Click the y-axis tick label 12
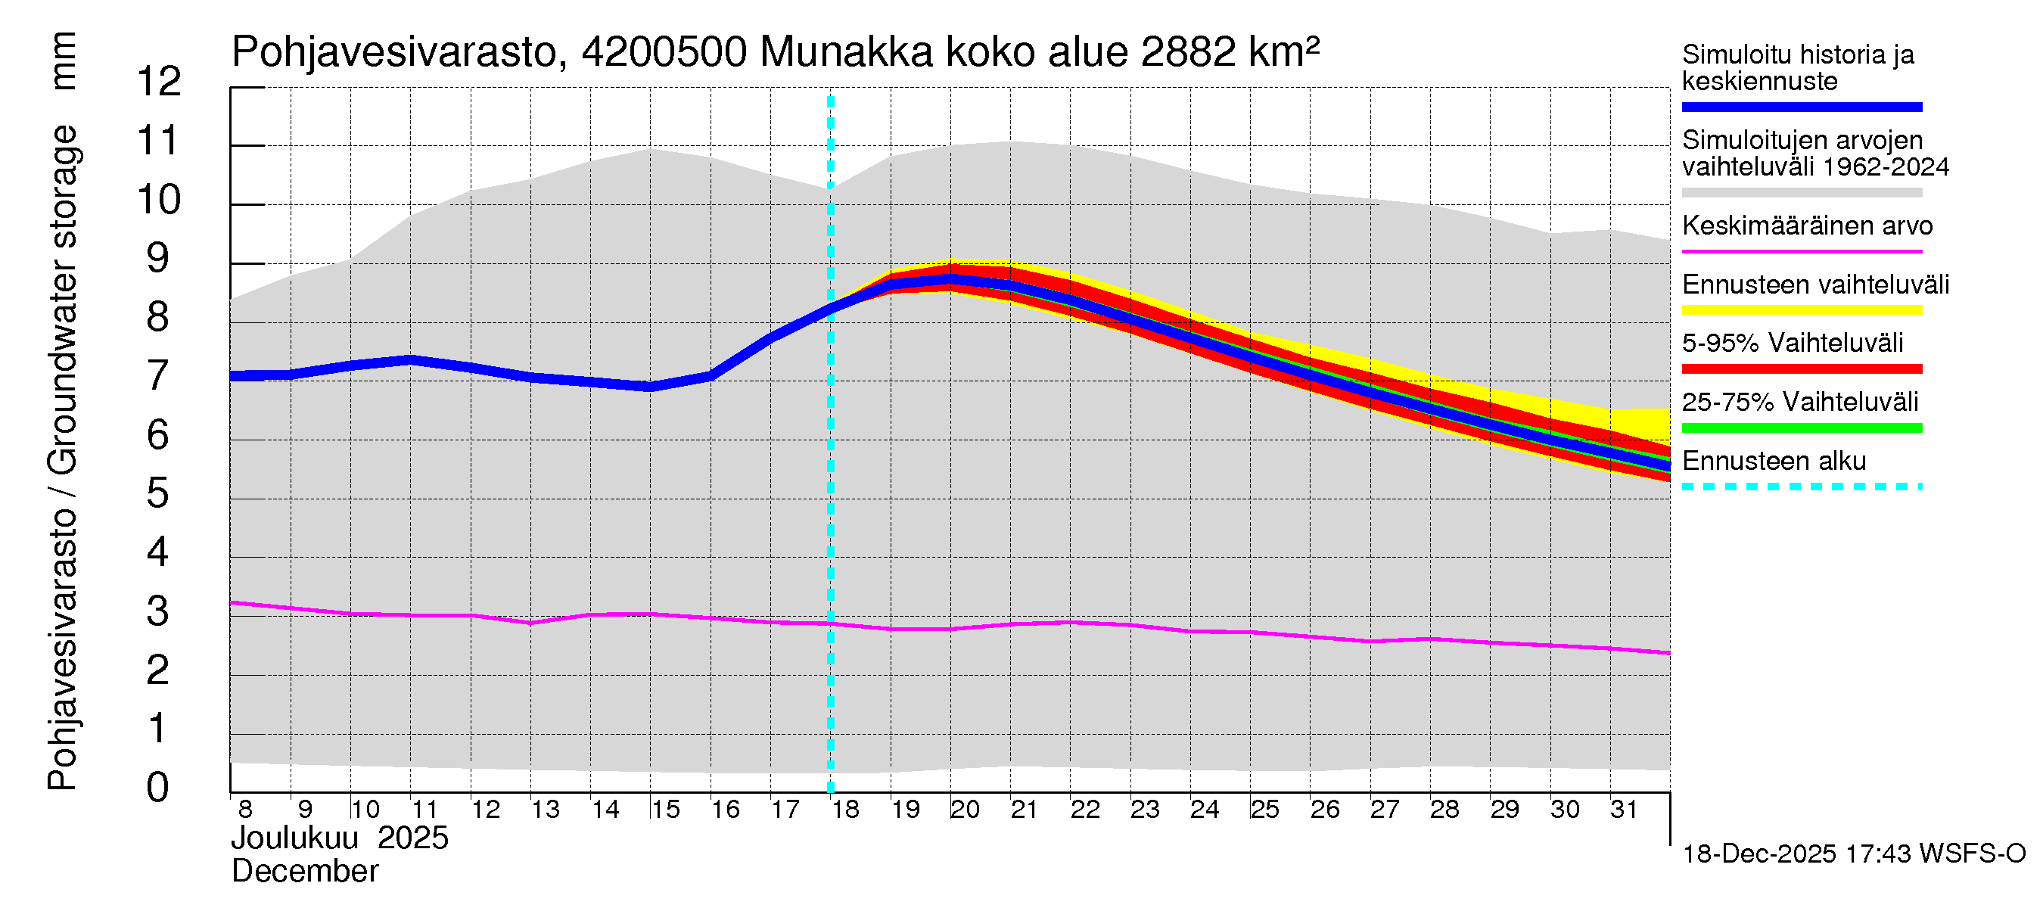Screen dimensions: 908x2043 [x=160, y=82]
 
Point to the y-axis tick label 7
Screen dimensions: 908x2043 [x=158, y=376]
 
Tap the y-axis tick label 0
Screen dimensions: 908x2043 [x=158, y=788]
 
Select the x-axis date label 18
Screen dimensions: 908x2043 [x=845, y=810]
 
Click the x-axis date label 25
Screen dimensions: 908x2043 [x=1265, y=810]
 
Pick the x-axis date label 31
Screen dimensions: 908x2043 [x=1625, y=810]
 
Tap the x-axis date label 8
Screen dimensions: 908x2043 [x=245, y=810]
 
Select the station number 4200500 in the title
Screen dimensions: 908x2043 [x=664, y=53]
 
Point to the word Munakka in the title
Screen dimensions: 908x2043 [x=846, y=53]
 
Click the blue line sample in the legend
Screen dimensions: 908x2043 [x=1801, y=107]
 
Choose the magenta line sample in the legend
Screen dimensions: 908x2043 [x=1801, y=251]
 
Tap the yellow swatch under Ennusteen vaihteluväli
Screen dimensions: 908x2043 [x=1801, y=310]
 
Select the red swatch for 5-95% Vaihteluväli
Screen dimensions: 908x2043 [x=1801, y=368]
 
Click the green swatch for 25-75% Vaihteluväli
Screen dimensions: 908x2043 [x=1801, y=428]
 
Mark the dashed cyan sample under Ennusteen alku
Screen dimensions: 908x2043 [x=1801, y=486]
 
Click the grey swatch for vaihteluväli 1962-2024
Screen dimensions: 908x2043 [x=1801, y=193]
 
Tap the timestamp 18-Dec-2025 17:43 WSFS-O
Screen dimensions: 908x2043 [x=1853, y=854]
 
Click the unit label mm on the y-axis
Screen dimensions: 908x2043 [x=64, y=61]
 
